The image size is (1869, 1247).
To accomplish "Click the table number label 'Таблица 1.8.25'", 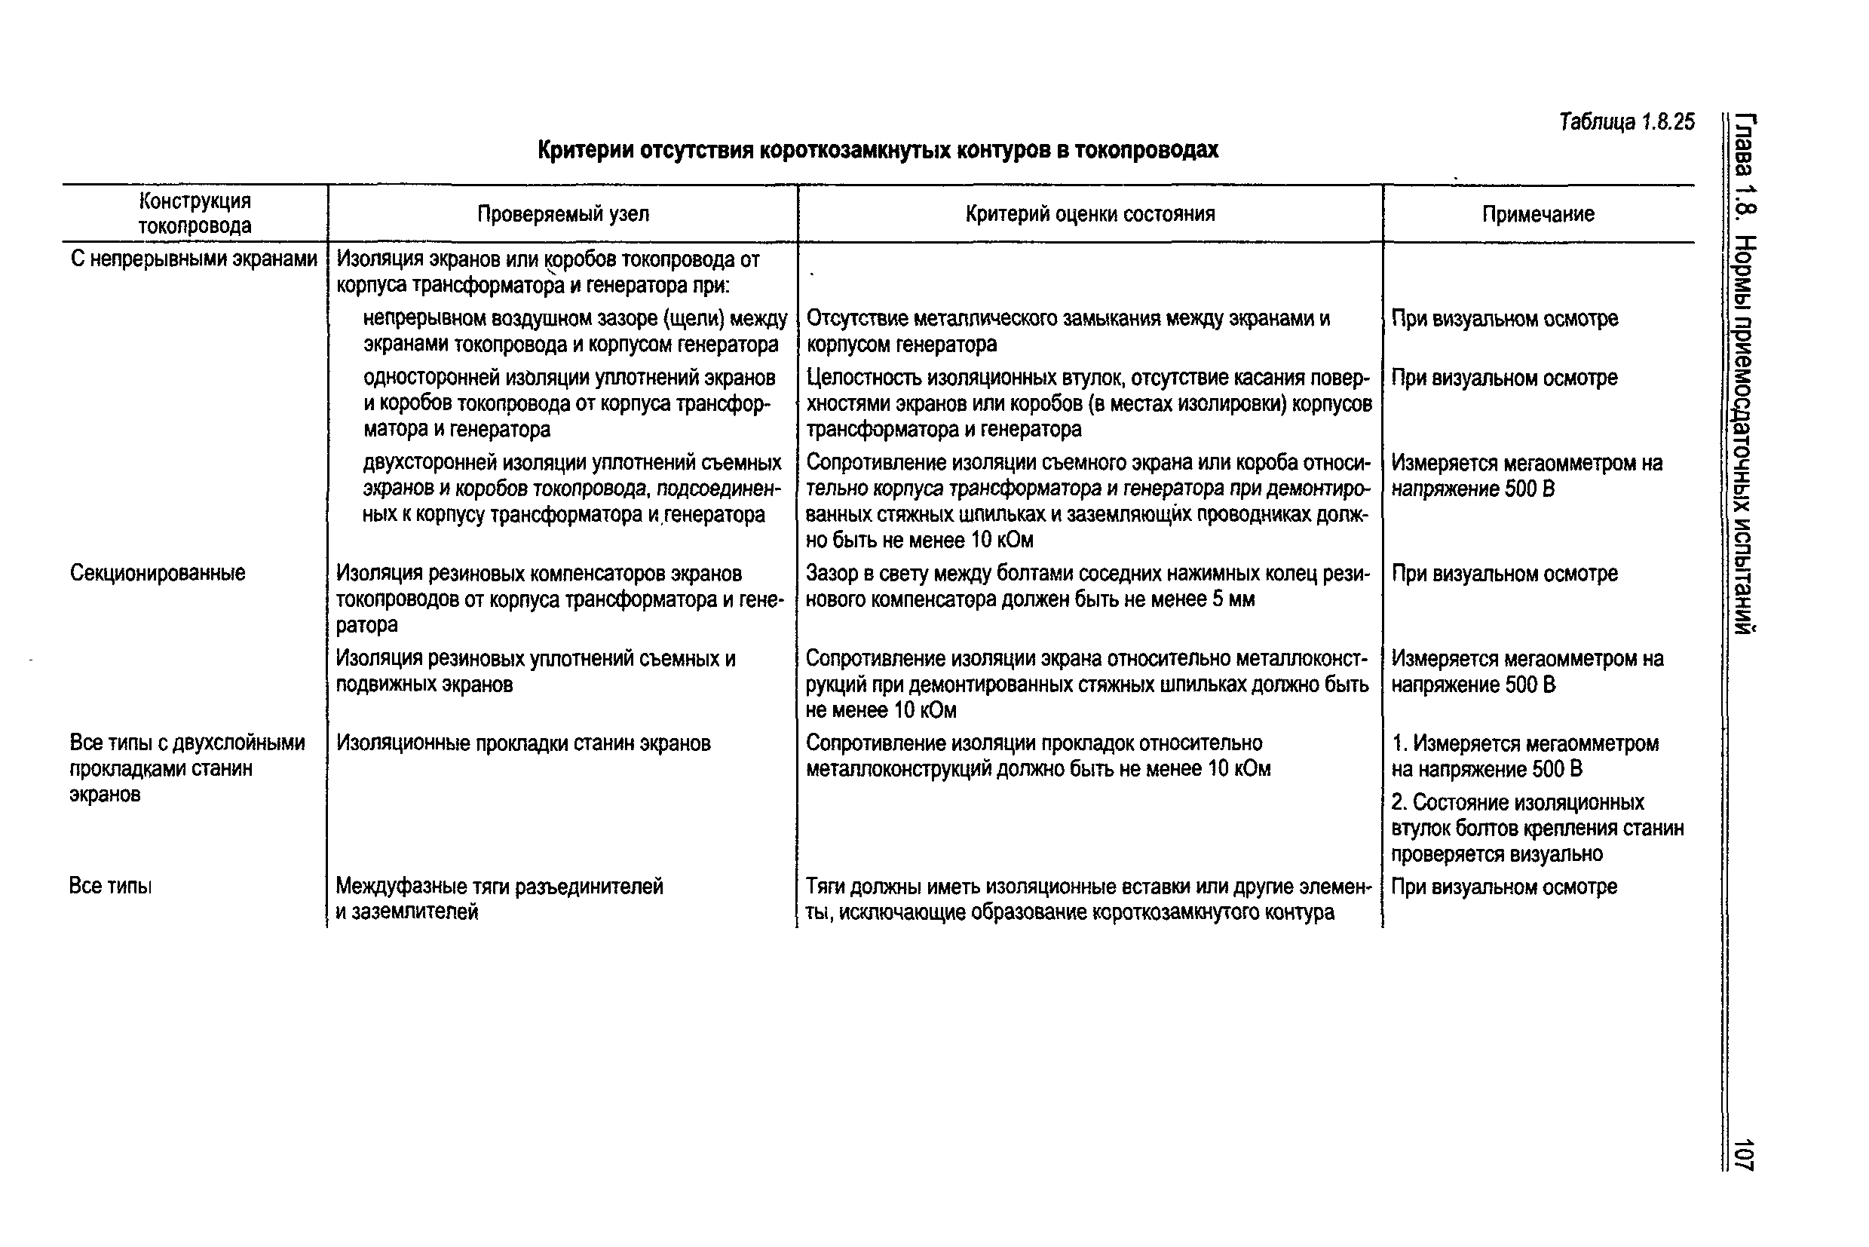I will click(1626, 121).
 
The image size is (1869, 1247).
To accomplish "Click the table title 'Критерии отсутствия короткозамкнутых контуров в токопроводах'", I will click(878, 149).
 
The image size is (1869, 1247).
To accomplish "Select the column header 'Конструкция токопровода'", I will click(195, 213).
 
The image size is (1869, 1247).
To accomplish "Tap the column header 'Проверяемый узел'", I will click(563, 214).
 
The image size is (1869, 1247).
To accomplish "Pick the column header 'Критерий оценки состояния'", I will click(1089, 214).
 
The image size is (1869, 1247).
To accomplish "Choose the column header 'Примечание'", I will click(1537, 214).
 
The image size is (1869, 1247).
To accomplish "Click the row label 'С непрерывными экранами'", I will click(193, 259).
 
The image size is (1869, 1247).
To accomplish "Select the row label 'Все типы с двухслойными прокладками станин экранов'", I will click(187, 768).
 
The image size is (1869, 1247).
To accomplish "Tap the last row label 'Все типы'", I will click(110, 886).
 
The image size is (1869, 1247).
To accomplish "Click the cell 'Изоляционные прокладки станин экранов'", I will click(523, 743).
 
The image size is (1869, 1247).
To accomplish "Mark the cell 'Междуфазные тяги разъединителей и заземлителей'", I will click(498, 899).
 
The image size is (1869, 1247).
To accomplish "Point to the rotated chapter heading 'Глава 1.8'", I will click(1744, 167).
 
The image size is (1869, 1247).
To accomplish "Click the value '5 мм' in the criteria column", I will click(1233, 599).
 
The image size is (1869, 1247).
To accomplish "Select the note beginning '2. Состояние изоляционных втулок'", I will click(1537, 828).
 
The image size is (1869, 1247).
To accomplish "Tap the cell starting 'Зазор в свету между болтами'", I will click(1087, 586).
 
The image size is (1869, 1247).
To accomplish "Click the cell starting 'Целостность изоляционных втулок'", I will click(1089, 403).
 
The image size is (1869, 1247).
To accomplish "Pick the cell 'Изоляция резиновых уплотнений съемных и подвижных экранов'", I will click(535, 671).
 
